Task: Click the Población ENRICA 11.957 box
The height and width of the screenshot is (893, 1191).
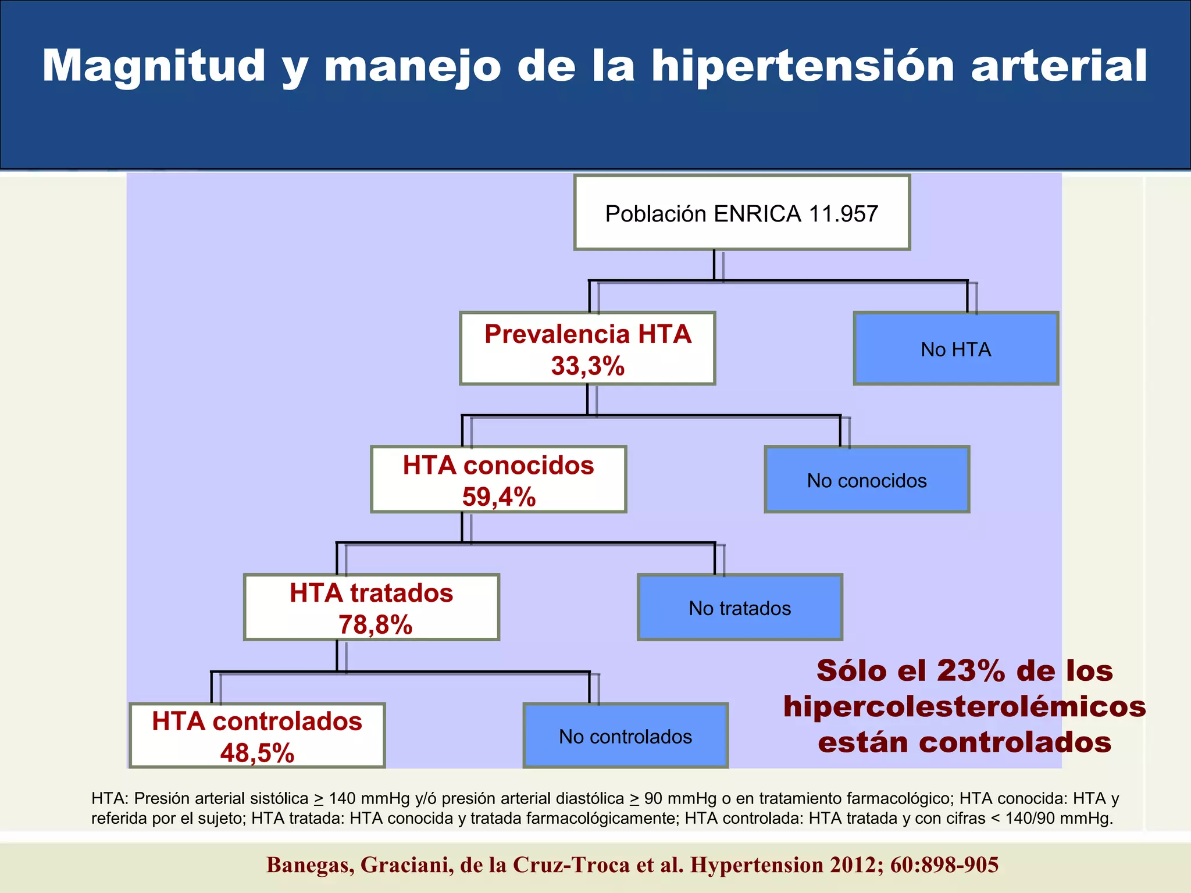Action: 741,213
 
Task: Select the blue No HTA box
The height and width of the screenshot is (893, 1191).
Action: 955,349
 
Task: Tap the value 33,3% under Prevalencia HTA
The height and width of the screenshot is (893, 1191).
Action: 587,366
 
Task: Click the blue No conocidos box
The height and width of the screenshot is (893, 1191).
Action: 866,480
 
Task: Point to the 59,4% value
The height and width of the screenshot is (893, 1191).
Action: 498,497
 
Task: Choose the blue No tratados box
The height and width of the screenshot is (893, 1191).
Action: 740,608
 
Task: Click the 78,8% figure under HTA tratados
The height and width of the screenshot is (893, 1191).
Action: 375,625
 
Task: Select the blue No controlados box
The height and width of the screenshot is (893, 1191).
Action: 625,737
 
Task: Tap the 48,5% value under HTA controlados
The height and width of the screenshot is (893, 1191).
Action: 257,753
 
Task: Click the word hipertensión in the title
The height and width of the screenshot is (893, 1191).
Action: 803,66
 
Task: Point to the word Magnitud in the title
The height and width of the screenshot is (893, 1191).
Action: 154,66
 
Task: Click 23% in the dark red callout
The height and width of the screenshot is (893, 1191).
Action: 971,671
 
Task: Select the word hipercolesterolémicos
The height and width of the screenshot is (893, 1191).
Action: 964,707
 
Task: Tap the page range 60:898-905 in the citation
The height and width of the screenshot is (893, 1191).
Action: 944,865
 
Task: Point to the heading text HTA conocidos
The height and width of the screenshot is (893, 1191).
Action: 498,465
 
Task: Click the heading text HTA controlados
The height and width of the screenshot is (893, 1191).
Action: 257,721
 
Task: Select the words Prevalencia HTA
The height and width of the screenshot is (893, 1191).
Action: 587,334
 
